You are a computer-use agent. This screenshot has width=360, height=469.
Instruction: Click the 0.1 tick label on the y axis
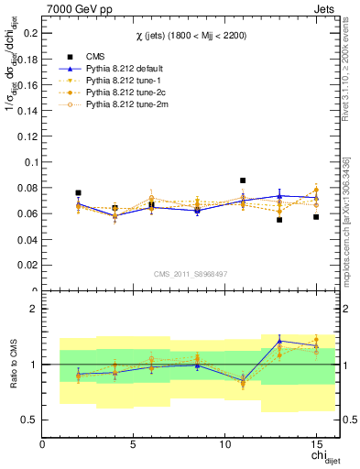pyautogui.click(x=28, y=162)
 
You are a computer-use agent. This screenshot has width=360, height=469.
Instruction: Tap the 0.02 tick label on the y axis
pyautogui.click(x=26, y=266)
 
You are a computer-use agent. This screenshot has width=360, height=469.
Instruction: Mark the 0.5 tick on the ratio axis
pyautogui.click(x=30, y=420)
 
